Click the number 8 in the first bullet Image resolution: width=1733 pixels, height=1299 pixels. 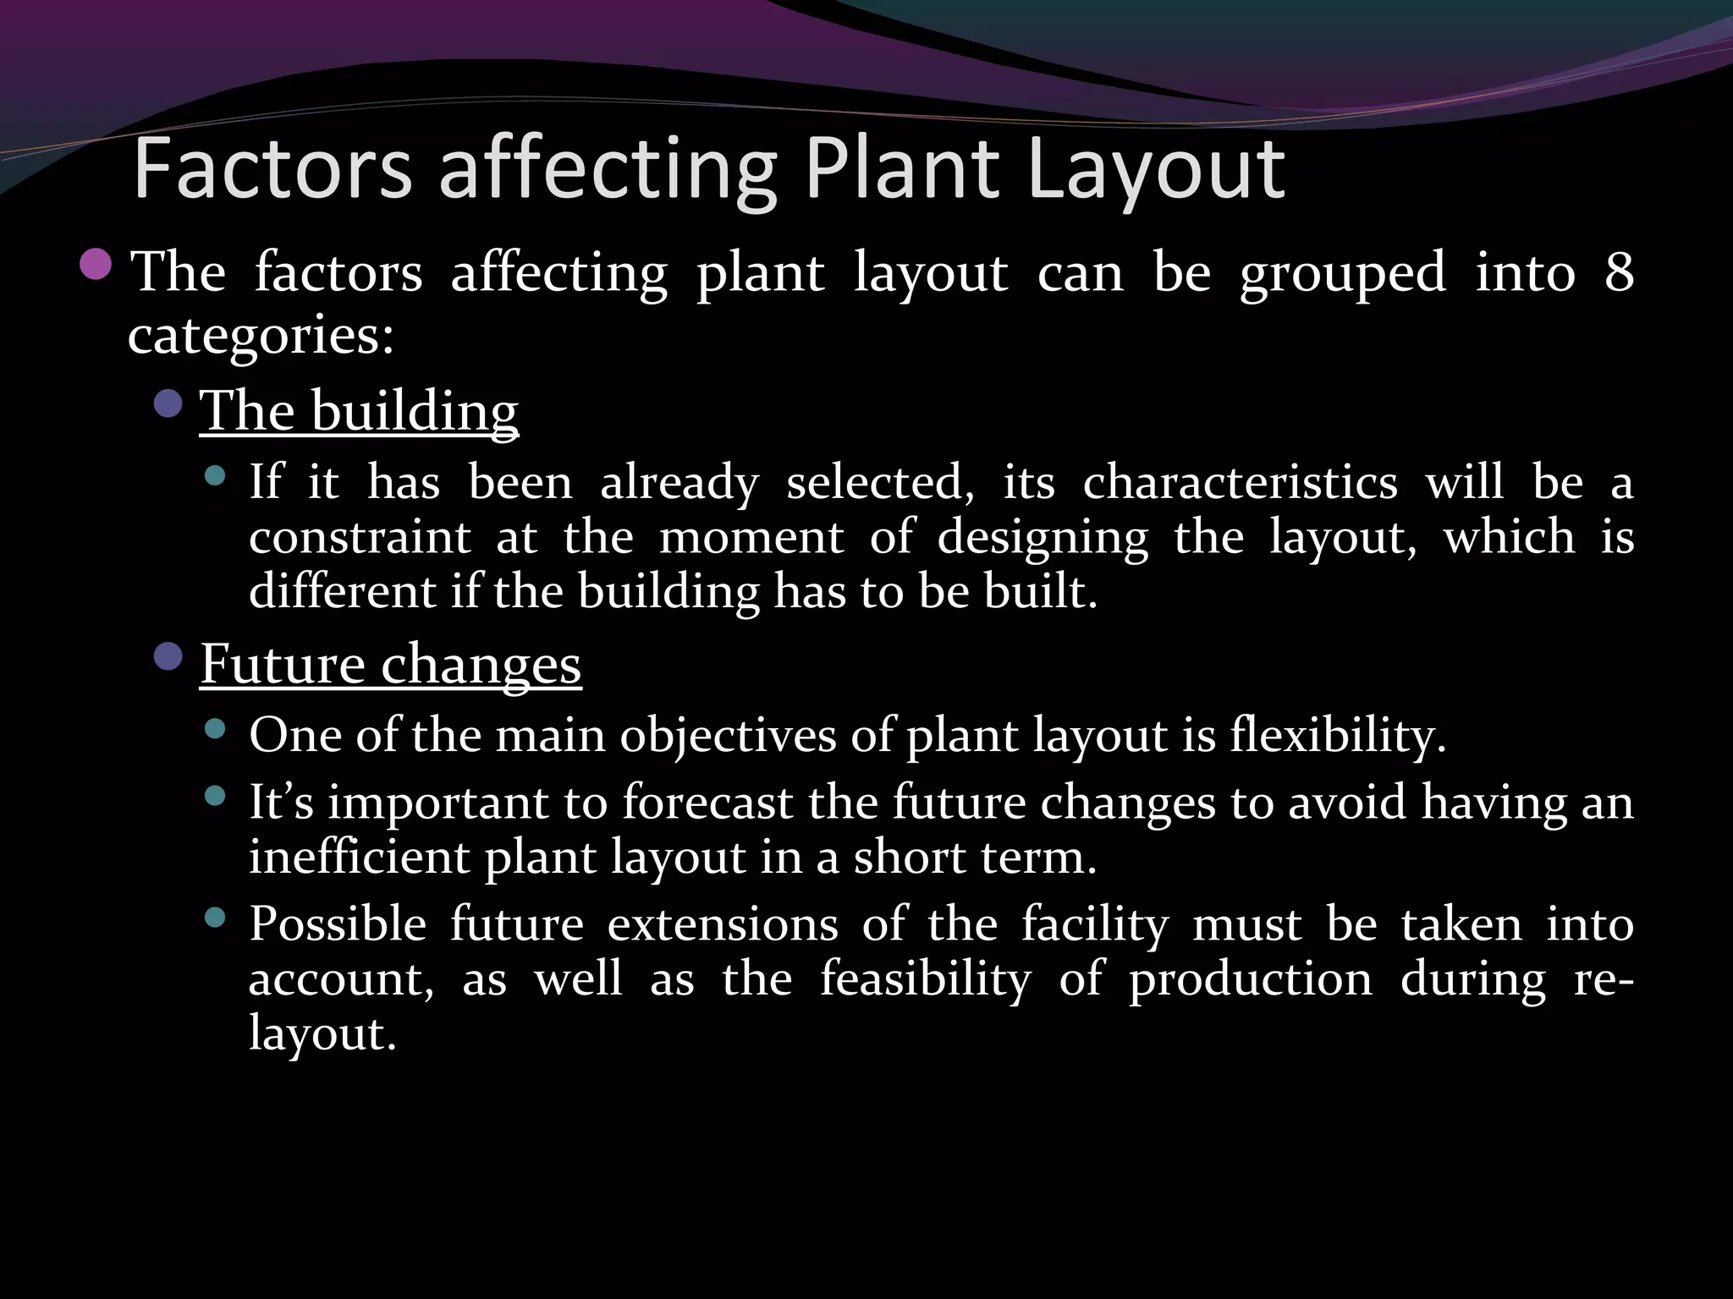point(1618,272)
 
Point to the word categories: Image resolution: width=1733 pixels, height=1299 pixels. point(261,336)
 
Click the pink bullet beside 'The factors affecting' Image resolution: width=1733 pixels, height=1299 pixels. point(96,265)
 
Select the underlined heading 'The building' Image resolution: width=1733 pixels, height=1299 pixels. point(359,411)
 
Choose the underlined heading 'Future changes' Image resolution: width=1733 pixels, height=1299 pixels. point(390,664)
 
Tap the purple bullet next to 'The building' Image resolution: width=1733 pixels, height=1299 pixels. point(168,404)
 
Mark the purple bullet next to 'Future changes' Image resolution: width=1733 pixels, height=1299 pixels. point(168,656)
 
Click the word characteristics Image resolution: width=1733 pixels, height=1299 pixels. point(1240,483)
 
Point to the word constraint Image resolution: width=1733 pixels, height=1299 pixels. point(360,537)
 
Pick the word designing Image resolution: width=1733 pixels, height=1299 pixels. point(1043,539)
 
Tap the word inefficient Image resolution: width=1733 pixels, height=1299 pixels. point(359,857)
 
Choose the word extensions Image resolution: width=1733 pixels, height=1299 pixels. point(723,924)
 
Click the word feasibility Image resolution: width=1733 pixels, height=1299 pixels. point(926,979)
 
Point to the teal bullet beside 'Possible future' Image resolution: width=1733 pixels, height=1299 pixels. point(216,918)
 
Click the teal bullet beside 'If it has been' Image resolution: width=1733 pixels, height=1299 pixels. point(216,476)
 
